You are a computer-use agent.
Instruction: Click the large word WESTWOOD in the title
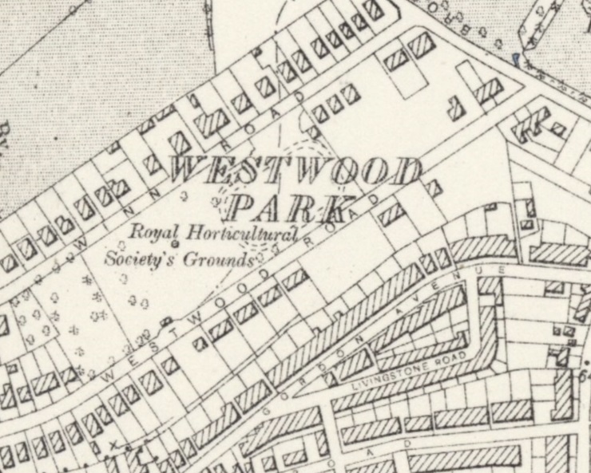pyautogui.click(x=295, y=172)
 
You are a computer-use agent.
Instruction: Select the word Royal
pyautogui.click(x=155, y=232)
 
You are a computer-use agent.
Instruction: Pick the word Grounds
pyautogui.click(x=220, y=260)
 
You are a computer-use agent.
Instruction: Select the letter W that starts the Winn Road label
pyautogui.click(x=79, y=237)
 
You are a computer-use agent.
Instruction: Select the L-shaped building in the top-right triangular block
pyautogui.click(x=458, y=108)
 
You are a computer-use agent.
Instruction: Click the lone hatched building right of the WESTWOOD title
pyautogui.click(x=432, y=189)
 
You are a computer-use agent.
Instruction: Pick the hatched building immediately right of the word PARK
pyautogui.click(x=391, y=213)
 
